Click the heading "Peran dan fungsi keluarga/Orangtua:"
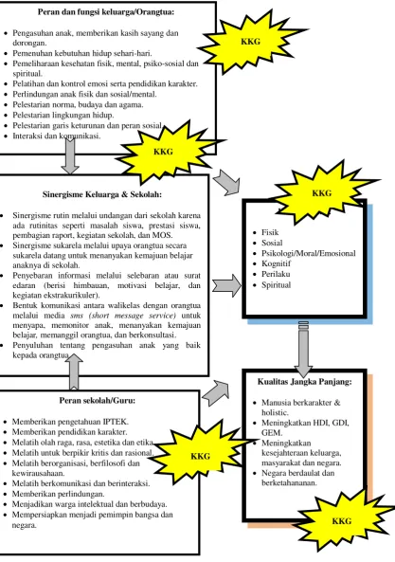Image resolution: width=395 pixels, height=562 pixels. [106, 12]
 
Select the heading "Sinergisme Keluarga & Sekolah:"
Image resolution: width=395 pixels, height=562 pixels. [102, 194]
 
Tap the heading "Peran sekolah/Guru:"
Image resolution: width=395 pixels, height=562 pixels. [98, 400]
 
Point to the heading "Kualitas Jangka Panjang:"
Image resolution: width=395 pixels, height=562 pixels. [304, 382]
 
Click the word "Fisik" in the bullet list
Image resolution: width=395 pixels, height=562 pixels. [270, 232]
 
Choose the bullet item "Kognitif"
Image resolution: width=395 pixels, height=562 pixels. [276, 263]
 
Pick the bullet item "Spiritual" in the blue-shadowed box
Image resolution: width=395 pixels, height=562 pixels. [276, 285]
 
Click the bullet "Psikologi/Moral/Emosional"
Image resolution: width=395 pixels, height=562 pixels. [309, 253]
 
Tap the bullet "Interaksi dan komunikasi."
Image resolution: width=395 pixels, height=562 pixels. [57, 136]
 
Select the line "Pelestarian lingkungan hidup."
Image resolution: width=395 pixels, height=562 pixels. [63, 115]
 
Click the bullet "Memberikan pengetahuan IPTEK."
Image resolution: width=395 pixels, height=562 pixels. [70, 422]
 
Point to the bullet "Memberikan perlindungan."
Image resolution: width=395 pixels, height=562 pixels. [59, 494]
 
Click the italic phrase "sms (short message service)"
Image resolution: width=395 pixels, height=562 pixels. [123, 316]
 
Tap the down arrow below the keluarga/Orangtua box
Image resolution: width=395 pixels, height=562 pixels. [70, 155]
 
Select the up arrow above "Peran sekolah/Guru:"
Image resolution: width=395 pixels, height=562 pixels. [74, 372]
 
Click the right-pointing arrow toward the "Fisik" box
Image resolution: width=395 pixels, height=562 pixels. [227, 285]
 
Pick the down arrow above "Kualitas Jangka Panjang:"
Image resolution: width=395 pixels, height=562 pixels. [303, 350]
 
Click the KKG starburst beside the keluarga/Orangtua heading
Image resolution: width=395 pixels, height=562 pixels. [251, 42]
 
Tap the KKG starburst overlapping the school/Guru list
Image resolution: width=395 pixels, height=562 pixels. [201, 456]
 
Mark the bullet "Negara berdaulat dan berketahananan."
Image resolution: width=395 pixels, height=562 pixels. [298, 478]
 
